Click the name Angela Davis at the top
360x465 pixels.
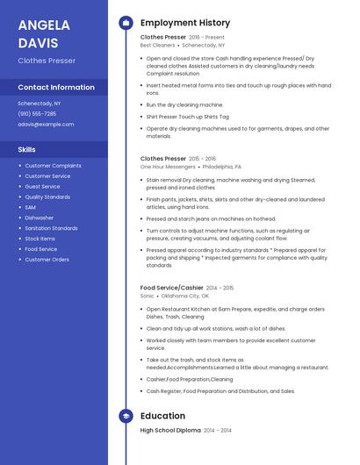coord(39,32)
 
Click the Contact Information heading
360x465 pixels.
coord(56,88)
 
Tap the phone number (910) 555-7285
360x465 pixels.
coord(37,114)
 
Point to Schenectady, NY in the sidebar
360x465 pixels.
coord(40,104)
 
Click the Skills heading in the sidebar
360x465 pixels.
coord(27,150)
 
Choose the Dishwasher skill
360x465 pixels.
coord(40,218)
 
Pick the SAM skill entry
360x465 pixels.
coord(31,207)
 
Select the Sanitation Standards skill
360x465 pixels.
coord(51,228)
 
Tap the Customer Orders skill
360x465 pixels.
coord(47,260)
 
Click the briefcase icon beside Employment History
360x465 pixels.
coord(126,23)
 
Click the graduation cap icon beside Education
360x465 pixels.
coord(126,416)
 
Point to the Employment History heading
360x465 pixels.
coord(185,23)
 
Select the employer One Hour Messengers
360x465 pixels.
coord(168,166)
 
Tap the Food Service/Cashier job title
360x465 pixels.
coord(172,288)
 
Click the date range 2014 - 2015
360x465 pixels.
coord(220,288)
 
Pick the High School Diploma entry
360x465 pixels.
coord(170,431)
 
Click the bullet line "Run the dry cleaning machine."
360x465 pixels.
coord(184,104)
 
